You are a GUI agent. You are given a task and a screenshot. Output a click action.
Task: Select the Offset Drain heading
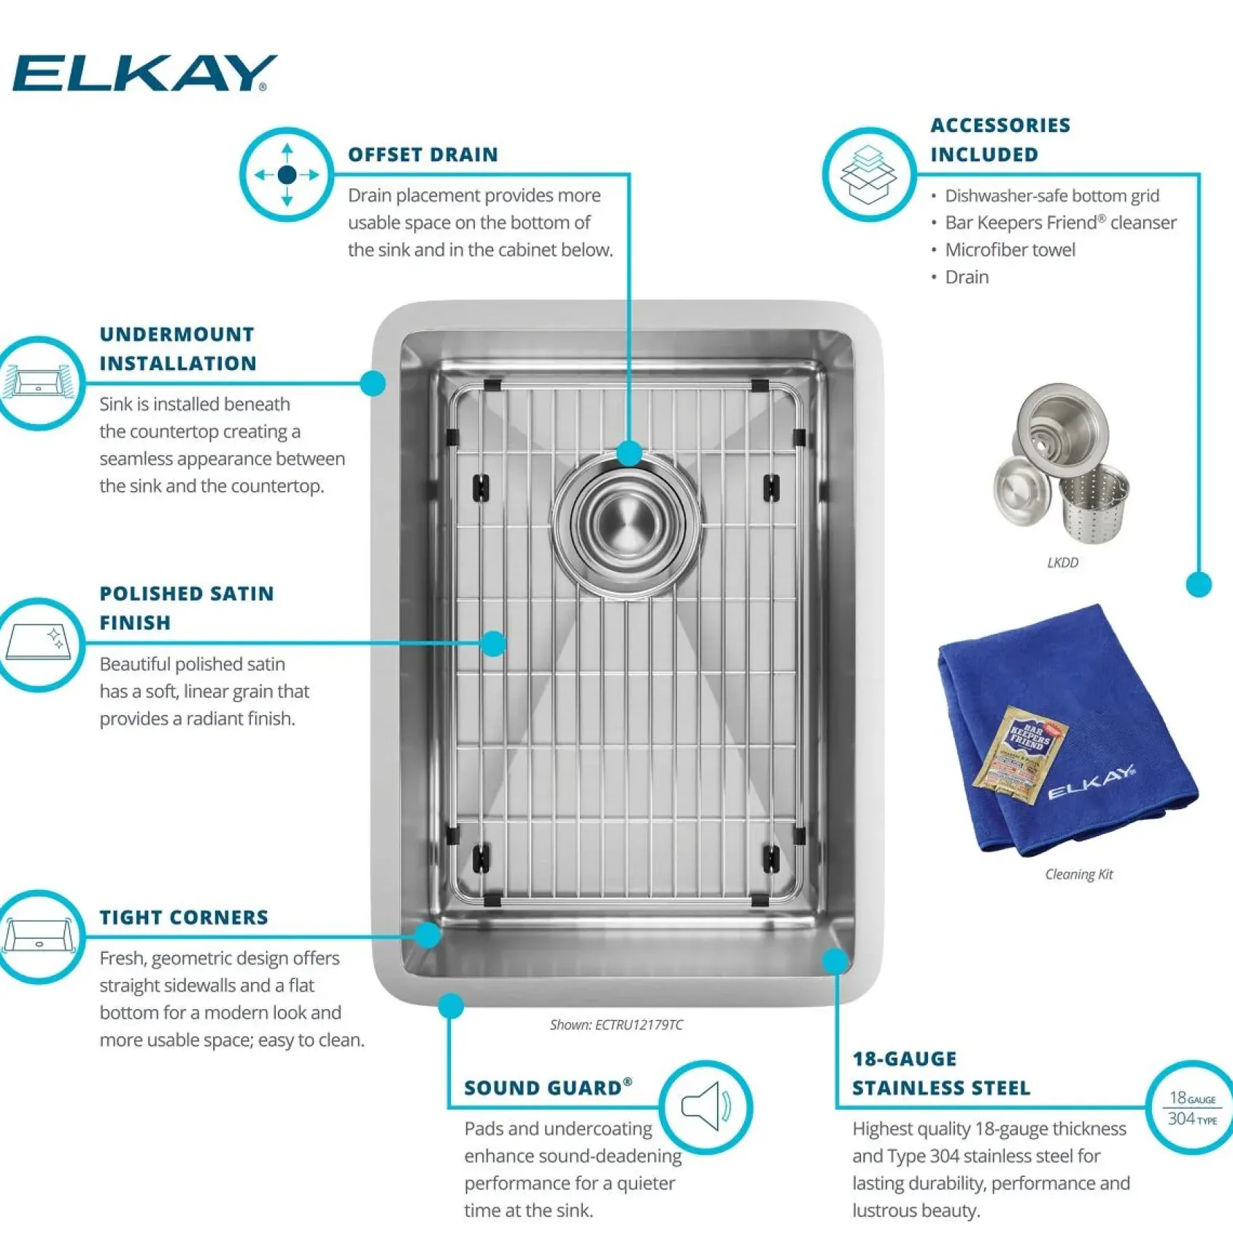pos(423,155)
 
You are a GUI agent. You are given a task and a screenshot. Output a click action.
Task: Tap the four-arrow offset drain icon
pos(287,175)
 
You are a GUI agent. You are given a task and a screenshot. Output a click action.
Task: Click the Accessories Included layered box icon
pos(868,175)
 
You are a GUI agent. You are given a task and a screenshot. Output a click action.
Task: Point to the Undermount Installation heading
pos(178,349)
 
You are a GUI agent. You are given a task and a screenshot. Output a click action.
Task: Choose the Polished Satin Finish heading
pos(187,608)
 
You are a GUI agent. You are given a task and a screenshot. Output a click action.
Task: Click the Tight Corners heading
pos(184,917)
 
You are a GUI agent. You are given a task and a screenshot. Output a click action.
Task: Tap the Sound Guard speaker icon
pos(706,1107)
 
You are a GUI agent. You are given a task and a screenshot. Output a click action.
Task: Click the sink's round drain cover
pos(627,522)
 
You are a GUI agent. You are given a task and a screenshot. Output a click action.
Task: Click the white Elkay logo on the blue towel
pos(1091,781)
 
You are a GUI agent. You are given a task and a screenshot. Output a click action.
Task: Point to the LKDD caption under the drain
pos(1062,563)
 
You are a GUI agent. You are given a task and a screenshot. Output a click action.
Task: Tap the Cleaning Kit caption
pos(1079,874)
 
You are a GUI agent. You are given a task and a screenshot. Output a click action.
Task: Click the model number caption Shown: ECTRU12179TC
pos(616,1025)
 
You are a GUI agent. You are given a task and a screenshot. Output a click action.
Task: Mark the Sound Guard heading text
pos(548,1087)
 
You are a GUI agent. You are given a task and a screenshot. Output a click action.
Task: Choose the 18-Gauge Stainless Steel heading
pos(941,1073)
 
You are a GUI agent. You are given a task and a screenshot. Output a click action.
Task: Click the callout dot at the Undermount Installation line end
pos(373,383)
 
